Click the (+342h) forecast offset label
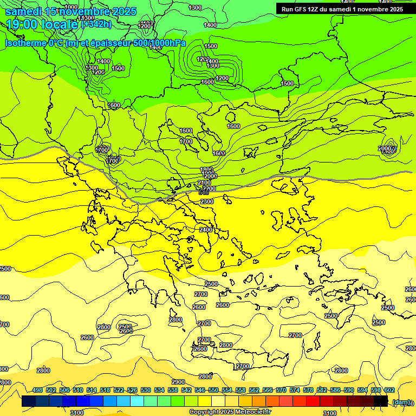96,24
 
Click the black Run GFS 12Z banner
342,9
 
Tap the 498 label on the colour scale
37,391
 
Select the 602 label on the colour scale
389,391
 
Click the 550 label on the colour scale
213,391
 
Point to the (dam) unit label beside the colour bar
401,401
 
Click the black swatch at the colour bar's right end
381,401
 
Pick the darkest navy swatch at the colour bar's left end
29,401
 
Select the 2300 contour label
207,201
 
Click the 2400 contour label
206,230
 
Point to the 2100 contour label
205,183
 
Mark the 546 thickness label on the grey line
204,192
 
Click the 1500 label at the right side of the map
287,83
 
